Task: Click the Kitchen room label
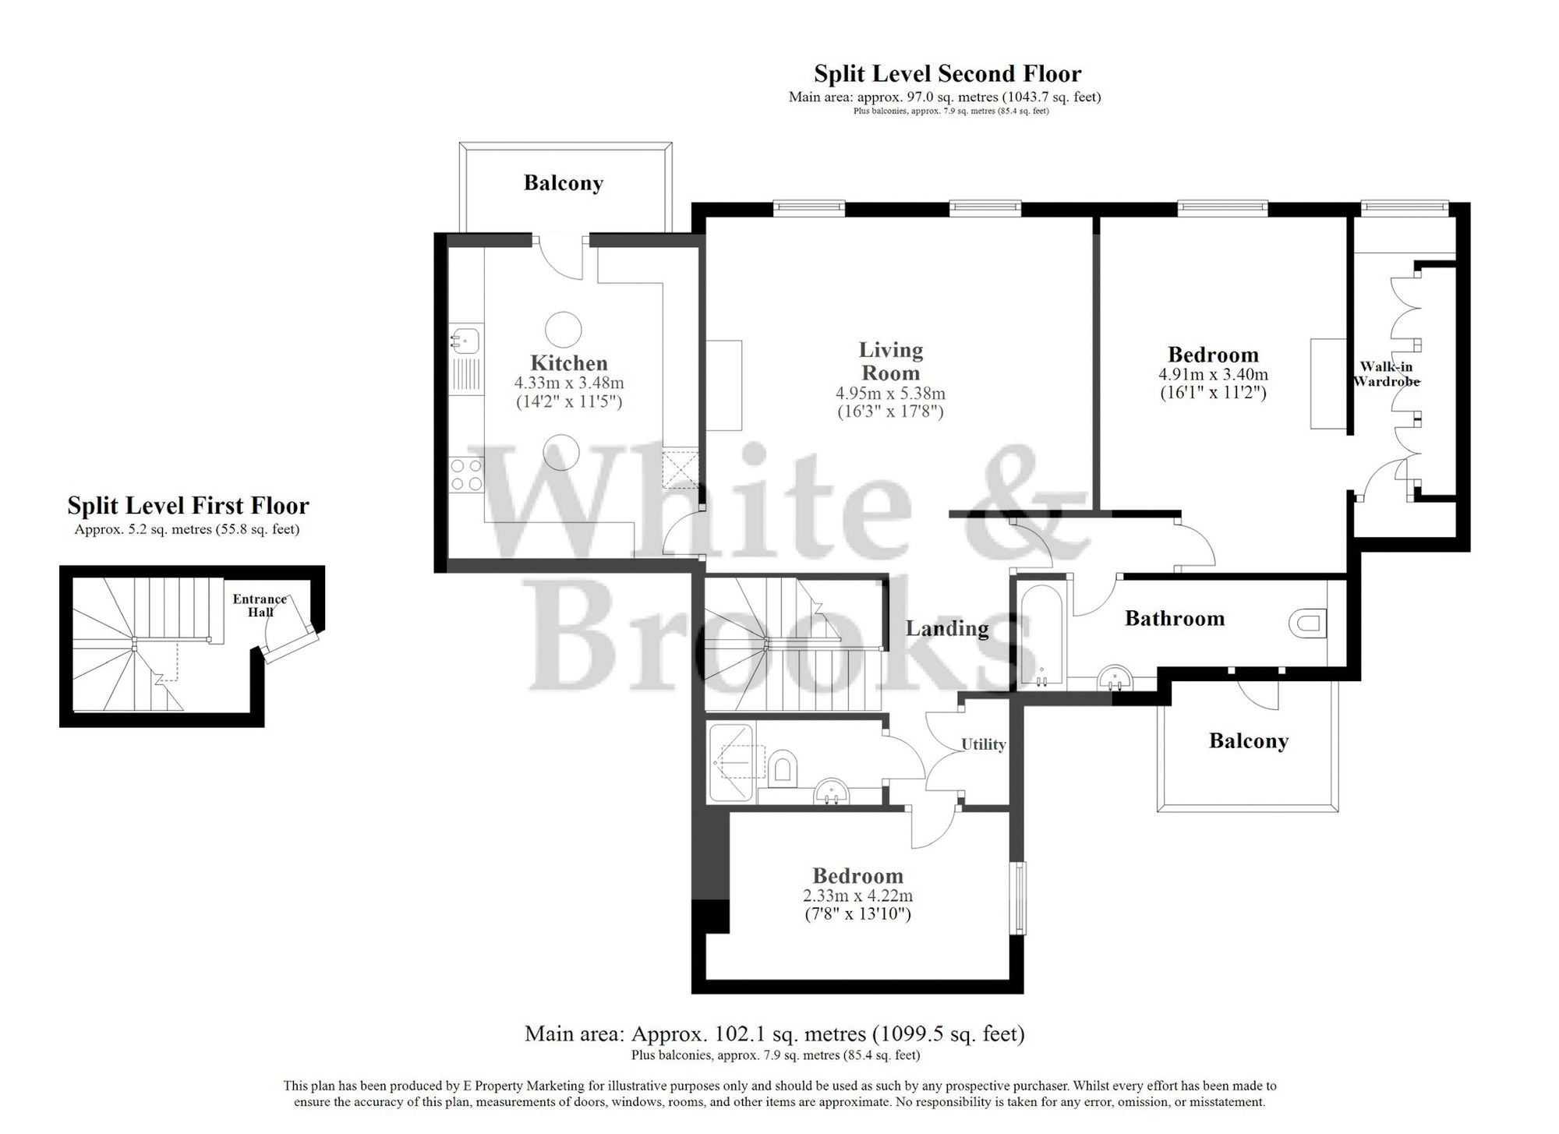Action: click(x=568, y=363)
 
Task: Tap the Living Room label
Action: click(x=890, y=361)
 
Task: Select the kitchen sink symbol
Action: click(x=465, y=340)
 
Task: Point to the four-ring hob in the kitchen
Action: click(x=466, y=474)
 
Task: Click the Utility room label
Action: click(x=983, y=744)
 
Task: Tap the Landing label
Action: click(x=947, y=628)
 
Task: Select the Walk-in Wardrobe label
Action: click(x=1386, y=374)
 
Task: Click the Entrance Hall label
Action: click(x=260, y=606)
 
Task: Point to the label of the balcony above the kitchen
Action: click(x=563, y=183)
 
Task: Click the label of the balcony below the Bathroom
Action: click(x=1248, y=740)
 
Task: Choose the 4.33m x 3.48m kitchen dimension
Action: click(x=568, y=383)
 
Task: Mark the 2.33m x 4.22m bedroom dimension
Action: click(x=857, y=896)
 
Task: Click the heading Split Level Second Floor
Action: click(x=947, y=74)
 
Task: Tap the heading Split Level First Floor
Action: click(x=188, y=506)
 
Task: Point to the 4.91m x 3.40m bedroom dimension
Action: click(x=1213, y=375)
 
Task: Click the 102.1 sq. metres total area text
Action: click(x=774, y=1034)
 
